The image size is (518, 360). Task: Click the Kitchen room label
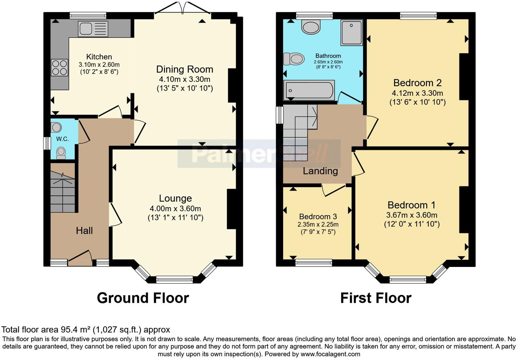point(99,57)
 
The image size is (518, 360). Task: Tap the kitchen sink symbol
point(93,29)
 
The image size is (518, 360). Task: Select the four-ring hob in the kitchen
point(59,67)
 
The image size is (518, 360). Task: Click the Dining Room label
point(185,69)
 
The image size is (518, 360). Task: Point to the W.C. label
point(62,139)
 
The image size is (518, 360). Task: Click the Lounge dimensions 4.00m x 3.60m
point(175,209)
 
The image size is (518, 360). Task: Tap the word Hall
point(84,231)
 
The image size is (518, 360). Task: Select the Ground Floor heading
point(143,298)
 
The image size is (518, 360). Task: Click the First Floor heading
point(376,298)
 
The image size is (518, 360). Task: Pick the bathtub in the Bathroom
point(309,90)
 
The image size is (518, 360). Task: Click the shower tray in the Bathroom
point(351,33)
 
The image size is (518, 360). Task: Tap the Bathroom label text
point(328,56)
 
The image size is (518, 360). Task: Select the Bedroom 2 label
point(417,83)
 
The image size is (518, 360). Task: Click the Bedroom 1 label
point(411,205)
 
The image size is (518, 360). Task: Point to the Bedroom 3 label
point(318,217)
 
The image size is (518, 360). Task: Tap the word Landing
point(320,171)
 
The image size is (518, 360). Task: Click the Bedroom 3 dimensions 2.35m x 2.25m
point(318,225)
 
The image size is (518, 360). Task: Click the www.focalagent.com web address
point(330,354)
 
